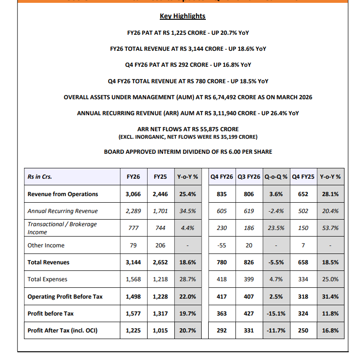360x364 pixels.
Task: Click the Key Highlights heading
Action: (x=182, y=16)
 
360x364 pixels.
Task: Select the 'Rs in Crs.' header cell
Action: (x=39, y=177)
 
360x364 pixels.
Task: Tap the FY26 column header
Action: (x=133, y=177)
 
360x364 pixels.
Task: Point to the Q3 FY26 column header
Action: (x=249, y=177)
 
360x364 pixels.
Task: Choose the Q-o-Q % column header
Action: (x=276, y=177)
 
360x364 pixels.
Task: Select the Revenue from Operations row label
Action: (x=63, y=194)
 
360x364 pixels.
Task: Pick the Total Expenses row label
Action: (x=47, y=279)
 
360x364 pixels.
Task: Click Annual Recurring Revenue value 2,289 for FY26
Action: (x=133, y=211)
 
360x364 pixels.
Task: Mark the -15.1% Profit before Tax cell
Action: (x=276, y=313)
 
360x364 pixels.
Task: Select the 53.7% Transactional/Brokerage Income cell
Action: (x=330, y=228)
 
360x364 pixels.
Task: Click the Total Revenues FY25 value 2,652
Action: (x=160, y=262)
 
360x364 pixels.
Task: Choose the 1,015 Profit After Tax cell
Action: (x=160, y=330)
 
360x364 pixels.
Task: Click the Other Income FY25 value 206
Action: (x=160, y=245)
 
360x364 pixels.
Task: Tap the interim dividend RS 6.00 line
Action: (x=188, y=151)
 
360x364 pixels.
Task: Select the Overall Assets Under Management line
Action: (x=188, y=97)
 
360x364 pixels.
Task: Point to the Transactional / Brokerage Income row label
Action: (x=62, y=228)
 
